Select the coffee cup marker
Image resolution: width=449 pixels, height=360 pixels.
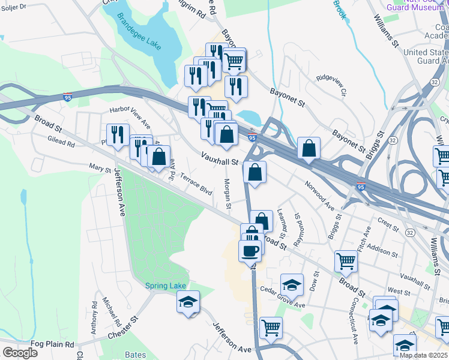pos(250,251)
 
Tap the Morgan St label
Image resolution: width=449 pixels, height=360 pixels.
pos(228,193)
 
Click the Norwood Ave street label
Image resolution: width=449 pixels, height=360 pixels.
pos(319,195)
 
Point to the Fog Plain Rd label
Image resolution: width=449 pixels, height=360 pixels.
pos(52,344)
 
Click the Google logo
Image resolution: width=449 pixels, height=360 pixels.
pos(19,352)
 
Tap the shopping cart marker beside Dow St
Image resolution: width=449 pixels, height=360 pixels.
pos(346,260)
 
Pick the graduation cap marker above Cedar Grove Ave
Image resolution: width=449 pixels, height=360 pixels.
pos(292,284)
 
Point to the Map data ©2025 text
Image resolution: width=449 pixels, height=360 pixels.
pos(423,355)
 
